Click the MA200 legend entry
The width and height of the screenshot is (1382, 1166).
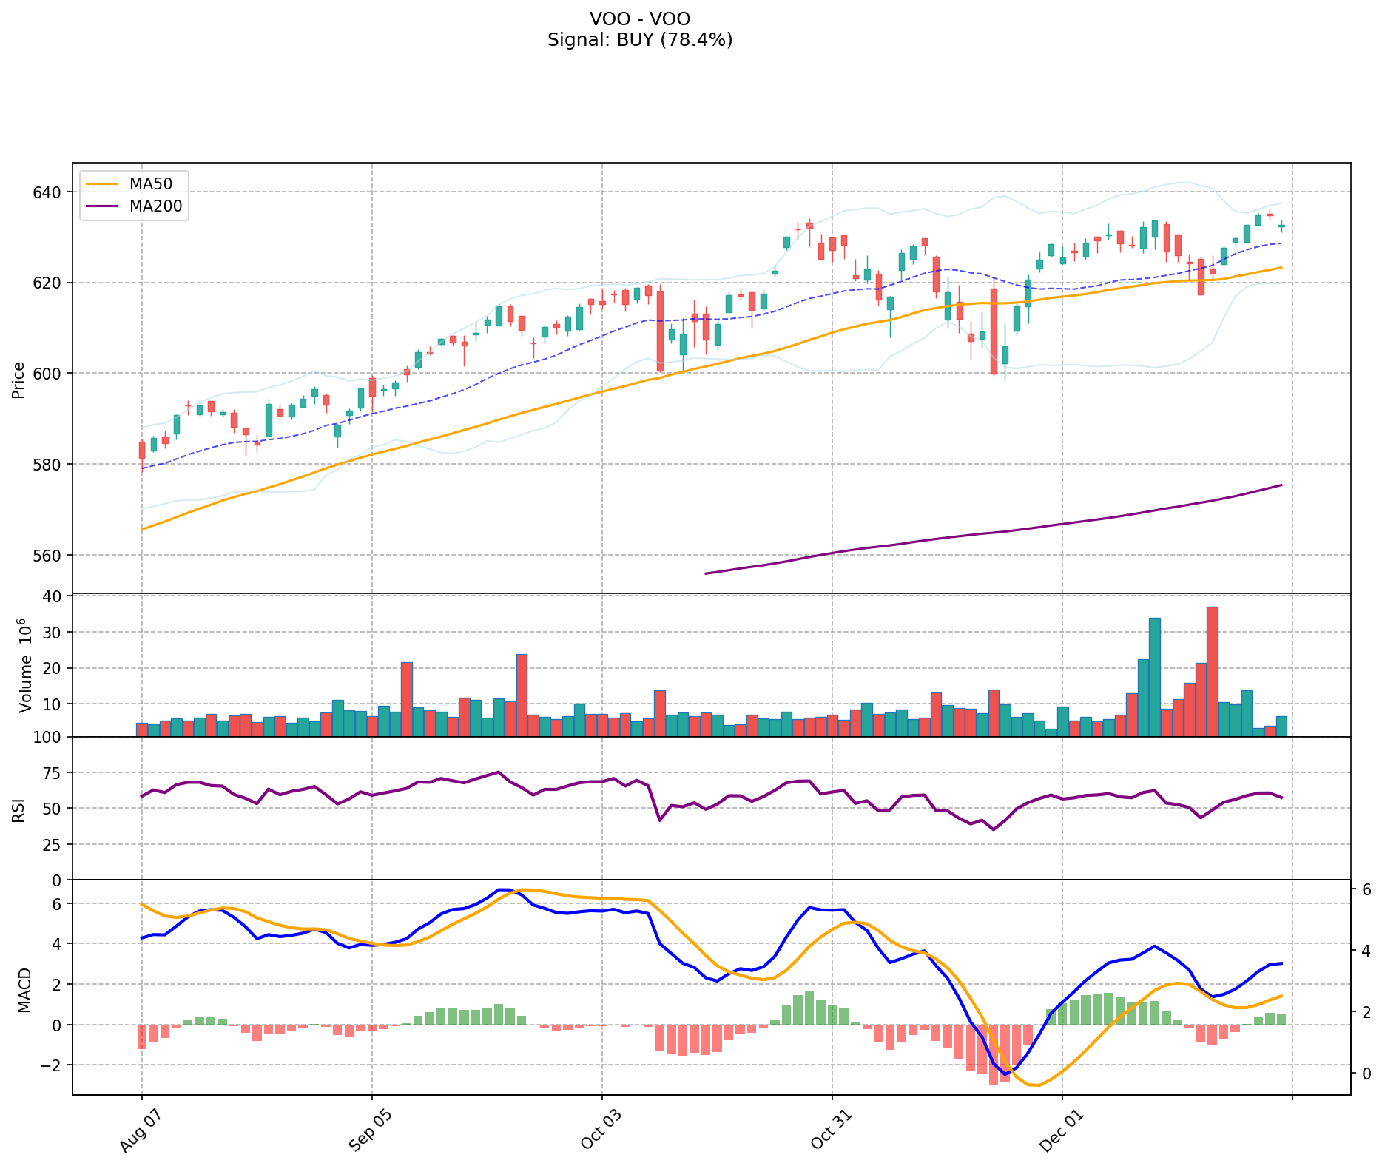155,206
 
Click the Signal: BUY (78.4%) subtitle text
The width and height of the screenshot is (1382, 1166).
640,40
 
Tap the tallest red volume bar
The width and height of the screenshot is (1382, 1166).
1212,671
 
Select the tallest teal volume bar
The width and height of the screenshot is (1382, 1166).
1154,676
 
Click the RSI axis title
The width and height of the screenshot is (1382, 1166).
19,809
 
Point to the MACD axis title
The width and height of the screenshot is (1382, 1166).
25,990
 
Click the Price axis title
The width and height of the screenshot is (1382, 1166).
19,380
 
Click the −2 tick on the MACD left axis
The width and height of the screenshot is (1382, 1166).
52,1065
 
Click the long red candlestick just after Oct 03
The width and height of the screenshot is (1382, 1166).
660,331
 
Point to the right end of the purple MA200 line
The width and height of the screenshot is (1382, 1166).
1281,485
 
